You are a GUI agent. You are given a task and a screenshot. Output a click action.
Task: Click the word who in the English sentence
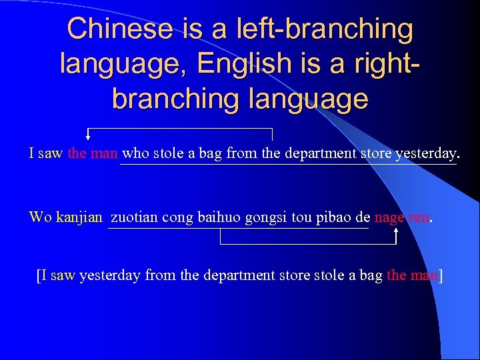coord(136,153)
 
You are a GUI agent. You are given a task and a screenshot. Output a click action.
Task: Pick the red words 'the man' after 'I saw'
coord(93,153)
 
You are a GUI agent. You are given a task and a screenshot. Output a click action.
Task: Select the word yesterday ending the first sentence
coord(427,153)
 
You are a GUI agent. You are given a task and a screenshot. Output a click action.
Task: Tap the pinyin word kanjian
coord(79,217)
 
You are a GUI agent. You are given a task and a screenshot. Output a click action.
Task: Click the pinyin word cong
coord(175,217)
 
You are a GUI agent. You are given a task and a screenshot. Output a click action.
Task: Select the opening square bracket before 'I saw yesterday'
coord(39,275)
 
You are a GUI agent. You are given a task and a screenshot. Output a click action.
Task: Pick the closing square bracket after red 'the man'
coord(441,275)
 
